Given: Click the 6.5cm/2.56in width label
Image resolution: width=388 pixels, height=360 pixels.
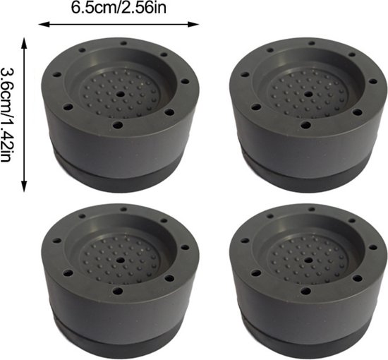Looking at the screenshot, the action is pos(119,8).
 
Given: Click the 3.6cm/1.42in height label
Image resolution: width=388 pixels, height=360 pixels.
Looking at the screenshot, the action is pos(6,115).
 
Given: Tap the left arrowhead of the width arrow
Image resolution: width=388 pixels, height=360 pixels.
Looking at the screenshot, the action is pos(43,24).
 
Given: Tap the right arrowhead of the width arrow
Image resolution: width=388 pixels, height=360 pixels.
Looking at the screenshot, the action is pos(193,24).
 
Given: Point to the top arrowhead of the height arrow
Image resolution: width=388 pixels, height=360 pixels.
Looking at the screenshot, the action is pos(24,42).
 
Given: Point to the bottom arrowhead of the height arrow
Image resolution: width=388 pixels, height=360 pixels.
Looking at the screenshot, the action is pos(24,187).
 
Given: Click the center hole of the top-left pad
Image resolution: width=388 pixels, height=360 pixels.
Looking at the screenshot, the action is pos(121,94).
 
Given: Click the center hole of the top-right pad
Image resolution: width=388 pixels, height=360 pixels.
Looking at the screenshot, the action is pos(308,94).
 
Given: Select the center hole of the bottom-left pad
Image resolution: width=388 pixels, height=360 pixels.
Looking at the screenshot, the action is pos(121,260).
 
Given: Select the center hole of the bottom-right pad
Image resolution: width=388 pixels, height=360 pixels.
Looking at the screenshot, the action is pos(308,260).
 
